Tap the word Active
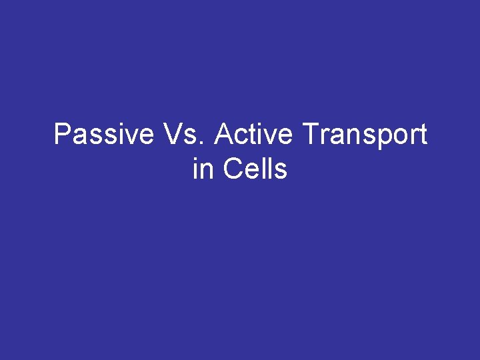click(253, 135)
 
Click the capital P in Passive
click(61, 135)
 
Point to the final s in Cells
click(281, 171)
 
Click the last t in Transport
click(422, 136)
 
